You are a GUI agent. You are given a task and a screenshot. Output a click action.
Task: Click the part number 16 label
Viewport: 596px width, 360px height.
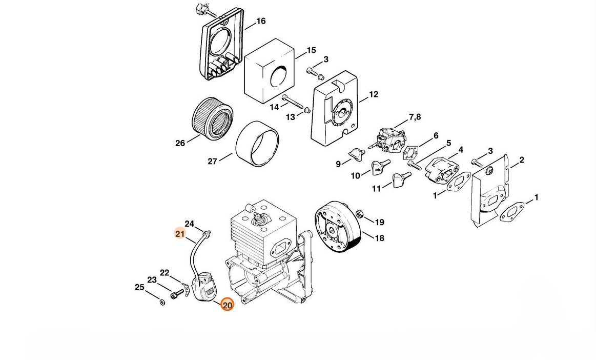coord(261,21)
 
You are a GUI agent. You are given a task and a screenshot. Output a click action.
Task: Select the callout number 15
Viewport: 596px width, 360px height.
coord(311,50)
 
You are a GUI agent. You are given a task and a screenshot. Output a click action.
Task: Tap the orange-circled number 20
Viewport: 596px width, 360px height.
coord(227,305)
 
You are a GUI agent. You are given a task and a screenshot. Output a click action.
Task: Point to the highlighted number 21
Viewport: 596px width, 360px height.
coord(180,234)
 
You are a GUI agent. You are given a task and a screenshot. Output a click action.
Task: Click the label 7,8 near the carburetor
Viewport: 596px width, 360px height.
coord(415,117)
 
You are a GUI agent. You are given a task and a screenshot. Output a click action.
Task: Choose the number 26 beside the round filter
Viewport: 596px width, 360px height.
coord(180,144)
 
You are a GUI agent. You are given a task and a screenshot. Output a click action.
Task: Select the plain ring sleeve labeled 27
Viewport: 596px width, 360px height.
coord(257,144)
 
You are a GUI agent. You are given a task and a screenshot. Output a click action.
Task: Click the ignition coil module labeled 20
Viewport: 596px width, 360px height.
coord(205,288)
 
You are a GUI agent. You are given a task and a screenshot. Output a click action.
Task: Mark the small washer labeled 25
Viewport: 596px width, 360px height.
coord(162,302)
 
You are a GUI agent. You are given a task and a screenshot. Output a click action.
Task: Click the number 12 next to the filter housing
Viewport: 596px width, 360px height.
coord(374,94)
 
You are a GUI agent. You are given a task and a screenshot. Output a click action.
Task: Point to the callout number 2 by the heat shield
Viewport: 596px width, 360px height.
coord(522,161)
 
